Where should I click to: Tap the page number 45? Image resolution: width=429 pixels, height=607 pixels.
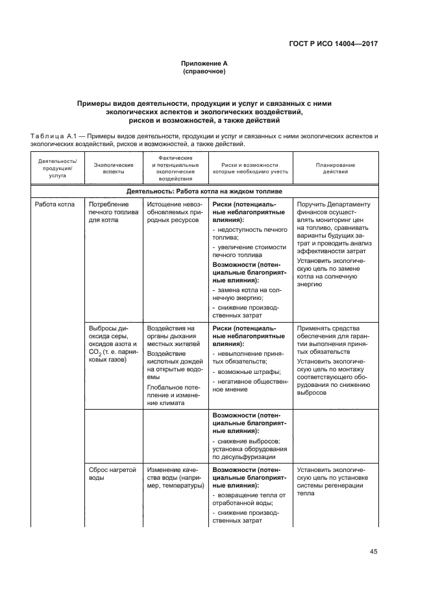[373, 551]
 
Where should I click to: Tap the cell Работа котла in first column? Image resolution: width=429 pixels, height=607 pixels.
[56, 204]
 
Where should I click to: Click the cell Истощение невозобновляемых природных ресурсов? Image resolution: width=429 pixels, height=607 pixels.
[173, 212]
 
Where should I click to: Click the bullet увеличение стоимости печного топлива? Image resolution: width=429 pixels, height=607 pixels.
[249, 251]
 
